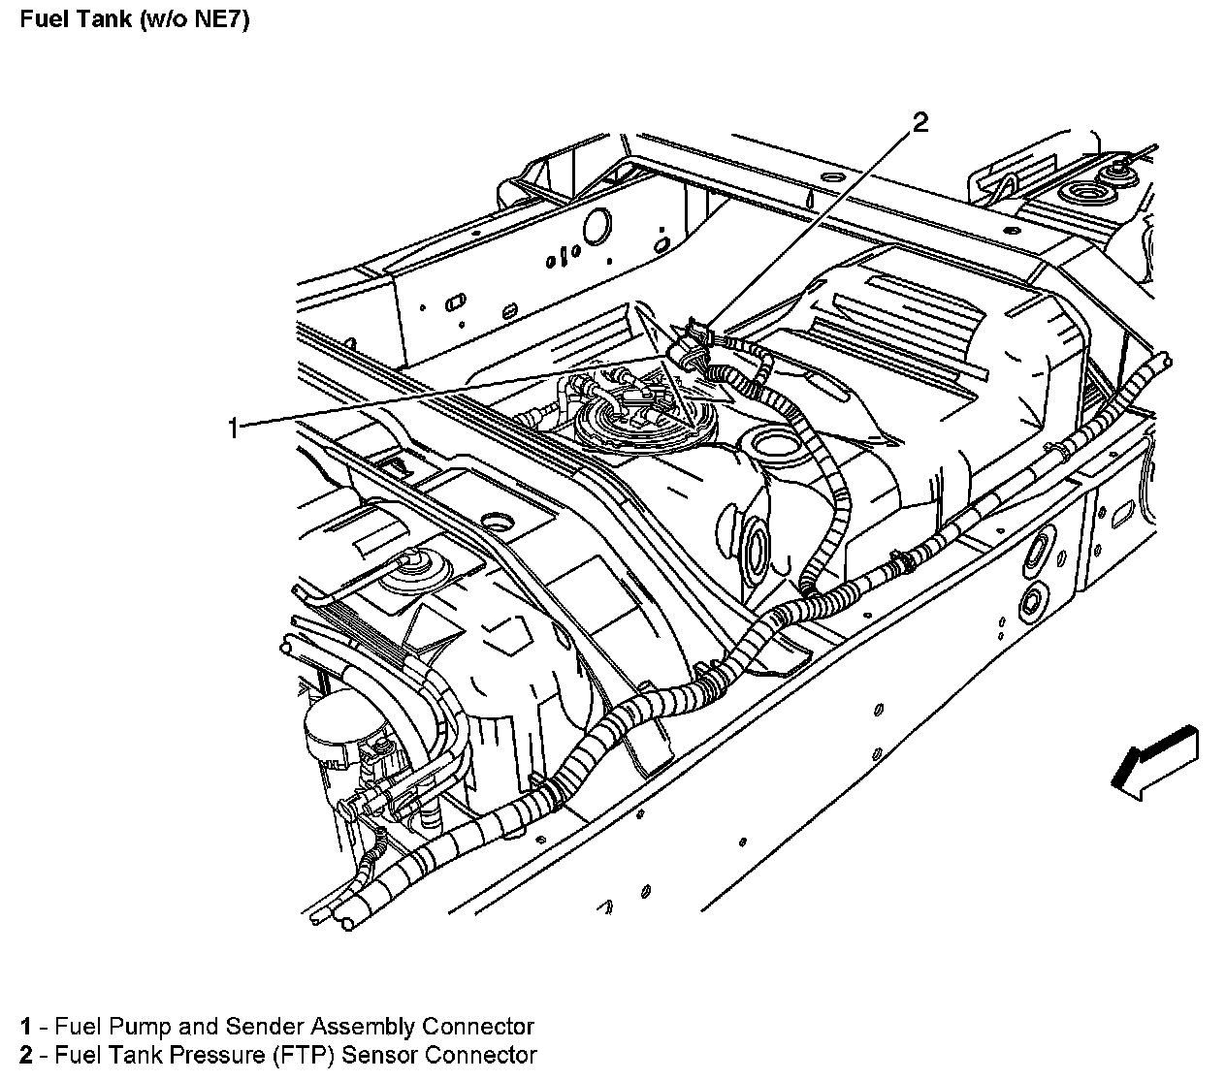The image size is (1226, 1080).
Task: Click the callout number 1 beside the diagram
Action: pos(232,427)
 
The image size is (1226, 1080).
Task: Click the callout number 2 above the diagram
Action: pos(919,121)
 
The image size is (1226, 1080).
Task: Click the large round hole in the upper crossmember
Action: pos(595,225)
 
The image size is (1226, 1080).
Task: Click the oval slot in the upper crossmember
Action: pos(453,303)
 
